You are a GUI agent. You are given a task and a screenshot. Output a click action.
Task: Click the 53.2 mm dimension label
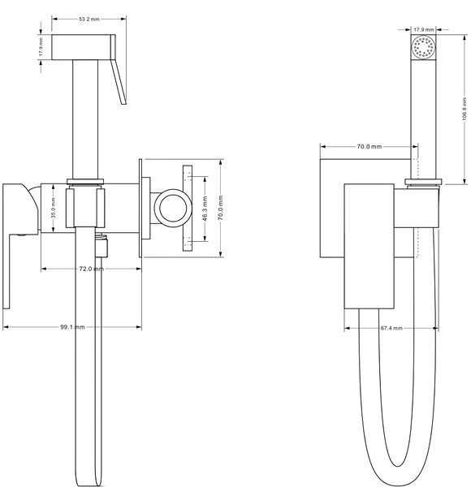tap(89, 19)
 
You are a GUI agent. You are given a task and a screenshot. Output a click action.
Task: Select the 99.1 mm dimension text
tap(72, 327)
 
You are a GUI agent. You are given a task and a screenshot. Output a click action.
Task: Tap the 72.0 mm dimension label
tap(91, 269)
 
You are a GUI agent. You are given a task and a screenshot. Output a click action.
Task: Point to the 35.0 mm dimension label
tap(53, 209)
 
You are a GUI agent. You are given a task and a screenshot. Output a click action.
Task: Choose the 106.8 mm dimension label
tap(465, 109)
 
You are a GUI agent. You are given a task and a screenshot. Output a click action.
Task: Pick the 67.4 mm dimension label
tap(391, 328)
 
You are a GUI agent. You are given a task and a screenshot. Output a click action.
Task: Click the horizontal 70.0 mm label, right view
tap(369, 146)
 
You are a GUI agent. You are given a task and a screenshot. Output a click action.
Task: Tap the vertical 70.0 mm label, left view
tap(221, 208)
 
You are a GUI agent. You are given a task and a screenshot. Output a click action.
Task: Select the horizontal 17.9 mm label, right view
tap(423, 29)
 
